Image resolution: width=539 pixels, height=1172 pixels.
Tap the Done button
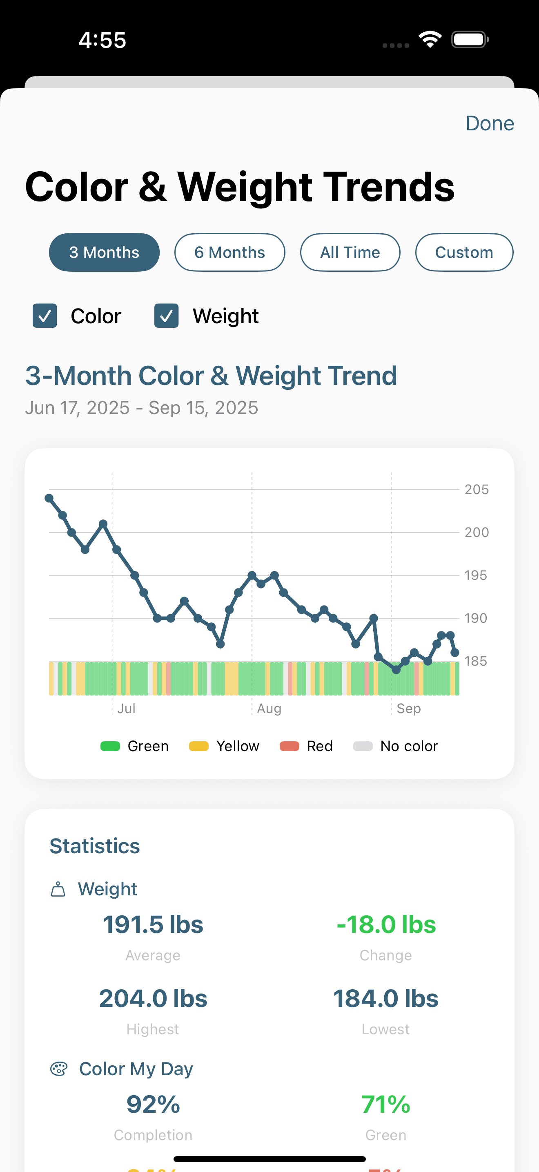tap(490, 123)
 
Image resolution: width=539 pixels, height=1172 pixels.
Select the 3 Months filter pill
tap(104, 253)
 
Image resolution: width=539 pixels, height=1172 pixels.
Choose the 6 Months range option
tap(229, 253)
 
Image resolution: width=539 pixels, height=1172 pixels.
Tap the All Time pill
tap(350, 253)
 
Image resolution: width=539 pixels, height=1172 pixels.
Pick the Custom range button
tap(464, 253)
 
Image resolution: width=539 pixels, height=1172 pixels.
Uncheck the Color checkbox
tap(45, 316)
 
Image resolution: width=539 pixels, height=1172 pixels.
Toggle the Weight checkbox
tap(166, 316)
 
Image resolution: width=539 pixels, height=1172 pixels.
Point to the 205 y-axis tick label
tap(476, 490)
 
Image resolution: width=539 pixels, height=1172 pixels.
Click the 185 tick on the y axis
tap(475, 661)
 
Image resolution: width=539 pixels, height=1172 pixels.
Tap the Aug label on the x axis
tap(269, 708)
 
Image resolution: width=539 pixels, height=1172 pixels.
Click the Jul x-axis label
tap(126, 708)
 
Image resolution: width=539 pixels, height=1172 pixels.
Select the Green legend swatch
tap(110, 746)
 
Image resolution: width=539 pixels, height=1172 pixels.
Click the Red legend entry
tap(306, 746)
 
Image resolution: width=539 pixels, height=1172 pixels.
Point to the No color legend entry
tap(395, 746)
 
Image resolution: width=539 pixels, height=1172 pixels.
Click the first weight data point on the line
tap(49, 498)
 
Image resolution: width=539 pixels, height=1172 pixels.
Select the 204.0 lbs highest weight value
tap(153, 998)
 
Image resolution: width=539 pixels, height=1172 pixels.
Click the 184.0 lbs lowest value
tap(386, 998)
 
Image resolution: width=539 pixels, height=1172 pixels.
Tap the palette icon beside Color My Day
tap(59, 1069)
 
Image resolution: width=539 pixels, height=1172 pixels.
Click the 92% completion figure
tap(153, 1104)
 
